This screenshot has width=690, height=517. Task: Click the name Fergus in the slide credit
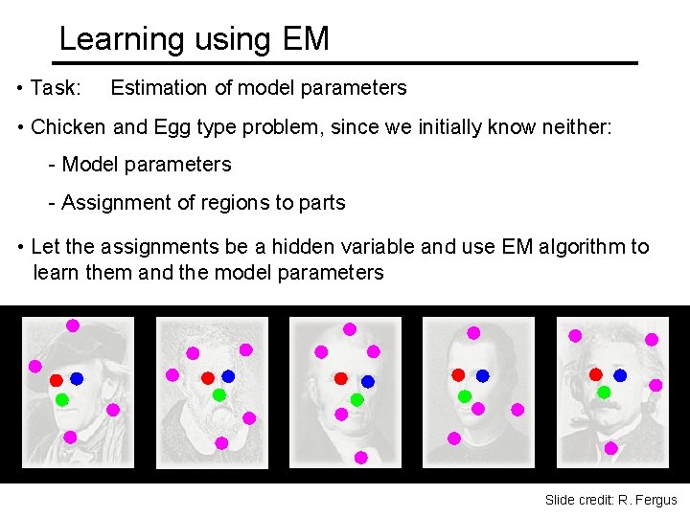pyautogui.click(x=655, y=500)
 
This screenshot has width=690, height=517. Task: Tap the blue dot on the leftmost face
pyautogui.click(x=77, y=379)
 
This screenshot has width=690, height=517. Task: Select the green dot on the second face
pyautogui.click(x=218, y=394)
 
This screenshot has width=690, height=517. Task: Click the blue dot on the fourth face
pyautogui.click(x=483, y=375)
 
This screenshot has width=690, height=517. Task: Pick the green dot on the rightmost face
pyautogui.click(x=604, y=392)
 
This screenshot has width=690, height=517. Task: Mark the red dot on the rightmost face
pyautogui.click(x=595, y=374)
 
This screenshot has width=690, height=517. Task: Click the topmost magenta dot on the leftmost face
pyautogui.click(x=73, y=326)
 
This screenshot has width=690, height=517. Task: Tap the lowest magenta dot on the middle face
pyautogui.click(x=360, y=458)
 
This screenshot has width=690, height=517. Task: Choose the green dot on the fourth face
pyautogui.click(x=465, y=395)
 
